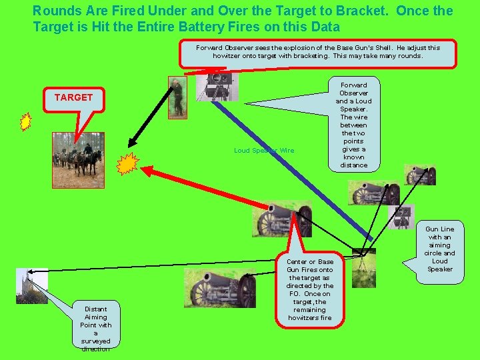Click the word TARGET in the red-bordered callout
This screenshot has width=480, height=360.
(x=73, y=97)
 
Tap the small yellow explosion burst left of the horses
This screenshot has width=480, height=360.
(x=25, y=122)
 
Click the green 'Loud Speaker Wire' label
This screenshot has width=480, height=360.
(x=264, y=151)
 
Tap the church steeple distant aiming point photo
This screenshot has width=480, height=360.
(x=31, y=285)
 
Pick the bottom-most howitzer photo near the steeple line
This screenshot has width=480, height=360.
(x=223, y=289)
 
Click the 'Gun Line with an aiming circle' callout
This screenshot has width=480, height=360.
(x=439, y=249)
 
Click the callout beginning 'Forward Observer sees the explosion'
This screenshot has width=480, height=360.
(x=318, y=52)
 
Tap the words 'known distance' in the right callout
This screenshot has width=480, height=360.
(x=353, y=161)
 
